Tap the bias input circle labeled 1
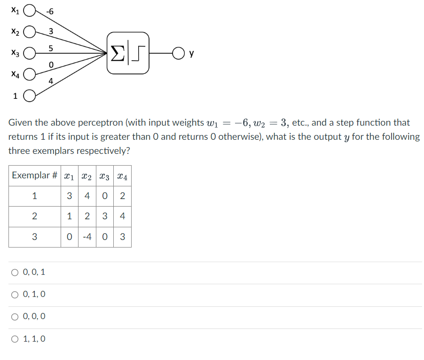click(x=29, y=96)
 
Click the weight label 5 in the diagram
click(x=51, y=48)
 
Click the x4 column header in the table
click(x=122, y=176)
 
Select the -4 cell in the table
click(x=87, y=237)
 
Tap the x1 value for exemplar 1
click(x=69, y=196)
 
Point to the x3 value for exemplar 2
click(x=105, y=216)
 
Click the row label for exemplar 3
click(x=34, y=237)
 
